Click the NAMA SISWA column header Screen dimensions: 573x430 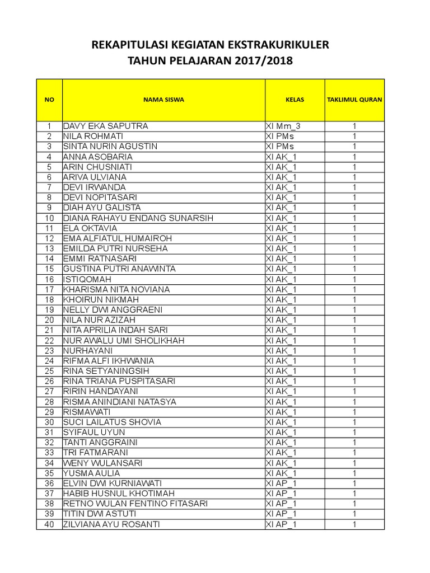click(x=163, y=100)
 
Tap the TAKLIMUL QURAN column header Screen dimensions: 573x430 click(x=354, y=100)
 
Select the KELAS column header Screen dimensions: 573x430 click(x=295, y=100)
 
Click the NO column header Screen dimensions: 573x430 click(x=49, y=100)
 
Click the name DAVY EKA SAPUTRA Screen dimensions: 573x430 click(x=105, y=126)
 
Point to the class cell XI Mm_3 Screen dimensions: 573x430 click(x=287, y=126)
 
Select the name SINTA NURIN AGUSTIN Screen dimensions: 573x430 click(x=110, y=147)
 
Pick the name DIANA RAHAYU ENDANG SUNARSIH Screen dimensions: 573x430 click(x=138, y=218)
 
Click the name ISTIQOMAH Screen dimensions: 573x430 click(x=87, y=279)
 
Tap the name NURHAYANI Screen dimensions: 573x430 click(x=88, y=351)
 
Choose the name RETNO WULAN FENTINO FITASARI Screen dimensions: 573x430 click(x=135, y=504)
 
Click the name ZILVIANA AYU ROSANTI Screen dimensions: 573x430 click(x=111, y=524)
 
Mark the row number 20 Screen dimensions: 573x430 click(x=49, y=320)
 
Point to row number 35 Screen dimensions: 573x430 click(x=49, y=473)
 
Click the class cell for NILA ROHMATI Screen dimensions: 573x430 click(x=280, y=137)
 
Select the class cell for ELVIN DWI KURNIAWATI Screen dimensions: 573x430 click(x=282, y=483)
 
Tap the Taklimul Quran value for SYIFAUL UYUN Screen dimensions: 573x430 click(x=354, y=433)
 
